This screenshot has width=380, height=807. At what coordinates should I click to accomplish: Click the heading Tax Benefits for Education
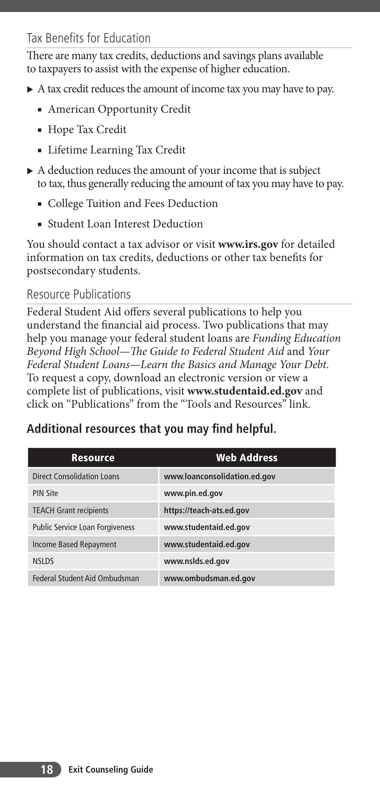(88, 38)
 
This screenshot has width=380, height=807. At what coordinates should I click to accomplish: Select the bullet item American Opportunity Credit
(119, 109)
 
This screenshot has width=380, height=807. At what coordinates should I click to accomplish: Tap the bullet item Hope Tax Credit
(87, 130)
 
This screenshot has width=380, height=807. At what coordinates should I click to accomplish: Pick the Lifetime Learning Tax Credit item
(116, 150)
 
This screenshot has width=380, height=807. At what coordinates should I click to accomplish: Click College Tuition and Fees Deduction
(132, 203)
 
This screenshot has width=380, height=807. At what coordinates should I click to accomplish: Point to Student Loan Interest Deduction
(125, 224)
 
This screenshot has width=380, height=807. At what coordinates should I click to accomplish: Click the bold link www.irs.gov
(248, 244)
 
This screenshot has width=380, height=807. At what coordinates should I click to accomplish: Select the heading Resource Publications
(78, 295)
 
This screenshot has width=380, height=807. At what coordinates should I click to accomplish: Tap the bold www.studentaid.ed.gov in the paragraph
(244, 391)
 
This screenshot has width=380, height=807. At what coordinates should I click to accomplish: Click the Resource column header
(93, 458)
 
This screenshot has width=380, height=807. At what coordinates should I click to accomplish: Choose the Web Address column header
(246, 458)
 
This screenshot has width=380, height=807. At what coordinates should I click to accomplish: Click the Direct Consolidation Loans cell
(76, 476)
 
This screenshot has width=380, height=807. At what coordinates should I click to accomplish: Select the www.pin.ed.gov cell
(193, 493)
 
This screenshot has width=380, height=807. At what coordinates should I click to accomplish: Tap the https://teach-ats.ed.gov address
(206, 510)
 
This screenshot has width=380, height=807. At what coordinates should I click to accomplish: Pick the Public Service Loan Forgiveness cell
(84, 527)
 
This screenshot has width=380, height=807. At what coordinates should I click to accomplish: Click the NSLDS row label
(43, 561)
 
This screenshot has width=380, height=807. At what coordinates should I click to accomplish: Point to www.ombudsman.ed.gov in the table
(209, 578)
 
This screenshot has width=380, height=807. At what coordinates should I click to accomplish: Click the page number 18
(46, 769)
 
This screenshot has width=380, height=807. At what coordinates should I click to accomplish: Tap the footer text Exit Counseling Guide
(111, 769)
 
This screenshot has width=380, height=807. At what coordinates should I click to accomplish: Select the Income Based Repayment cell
(74, 544)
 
